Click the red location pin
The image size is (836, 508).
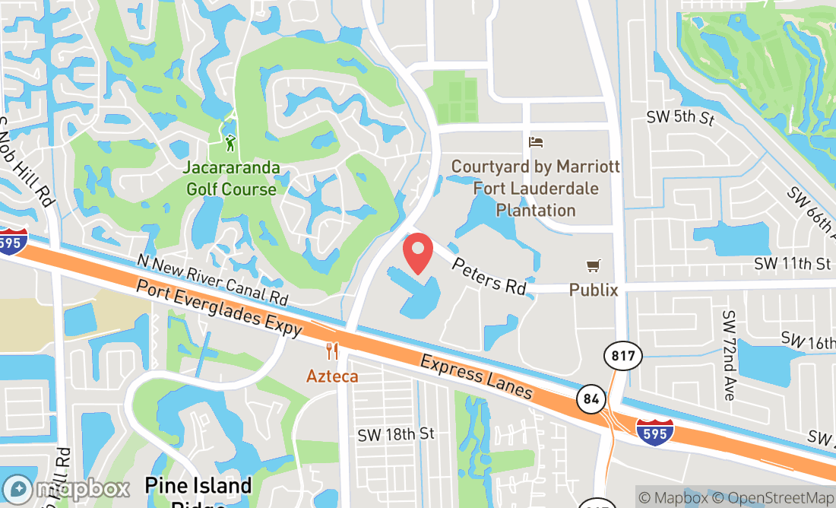(417, 253)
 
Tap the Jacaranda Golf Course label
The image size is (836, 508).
(231, 178)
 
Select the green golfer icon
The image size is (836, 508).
(230, 141)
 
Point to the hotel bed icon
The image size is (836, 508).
(536, 142)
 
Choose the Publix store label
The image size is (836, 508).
(593, 290)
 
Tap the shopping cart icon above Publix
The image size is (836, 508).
(594, 266)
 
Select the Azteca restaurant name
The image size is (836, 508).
(332, 376)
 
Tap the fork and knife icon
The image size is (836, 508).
(332, 351)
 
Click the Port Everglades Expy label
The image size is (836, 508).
(220, 309)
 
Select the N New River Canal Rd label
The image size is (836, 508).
(212, 279)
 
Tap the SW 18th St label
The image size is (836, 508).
(396, 433)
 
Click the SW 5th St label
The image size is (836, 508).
(681, 118)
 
